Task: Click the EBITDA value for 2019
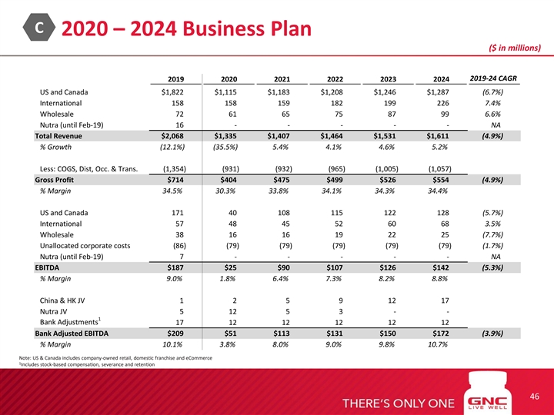point(169,267)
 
